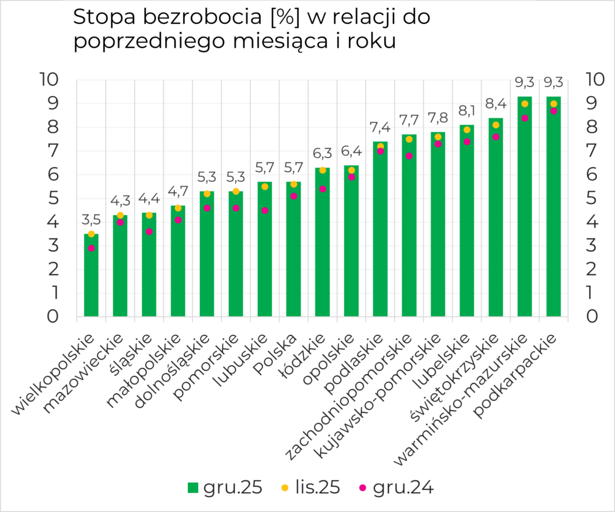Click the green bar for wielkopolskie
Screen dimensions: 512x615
91,276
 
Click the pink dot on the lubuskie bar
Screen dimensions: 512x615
265,211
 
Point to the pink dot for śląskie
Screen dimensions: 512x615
149,232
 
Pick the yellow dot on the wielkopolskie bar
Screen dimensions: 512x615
91,234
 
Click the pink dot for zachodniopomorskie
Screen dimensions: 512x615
409,156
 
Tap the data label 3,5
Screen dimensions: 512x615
91,219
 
